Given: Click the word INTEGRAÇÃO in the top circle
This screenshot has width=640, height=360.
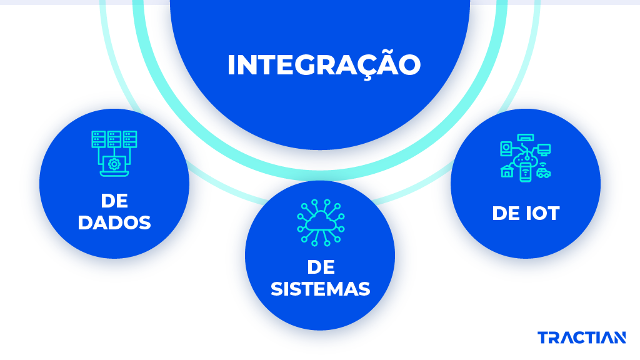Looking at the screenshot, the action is (x=324, y=65).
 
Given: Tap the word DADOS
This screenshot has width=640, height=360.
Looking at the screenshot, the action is (x=114, y=223).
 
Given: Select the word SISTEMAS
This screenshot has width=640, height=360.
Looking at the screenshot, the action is (x=321, y=289).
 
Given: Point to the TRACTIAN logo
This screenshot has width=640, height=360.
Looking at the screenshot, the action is (x=581, y=338).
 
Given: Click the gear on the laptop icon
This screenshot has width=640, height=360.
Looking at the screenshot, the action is (x=114, y=164).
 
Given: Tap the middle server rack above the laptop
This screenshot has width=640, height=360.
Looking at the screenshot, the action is (x=114, y=139).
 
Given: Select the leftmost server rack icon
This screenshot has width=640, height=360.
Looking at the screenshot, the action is (x=98, y=139).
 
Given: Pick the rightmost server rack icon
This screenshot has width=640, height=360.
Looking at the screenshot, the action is (x=130, y=139).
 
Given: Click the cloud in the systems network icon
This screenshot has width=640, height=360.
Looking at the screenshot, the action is (x=320, y=220).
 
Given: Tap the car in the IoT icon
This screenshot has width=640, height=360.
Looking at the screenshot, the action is (x=544, y=173).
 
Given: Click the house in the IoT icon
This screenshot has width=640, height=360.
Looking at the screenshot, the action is (x=507, y=171).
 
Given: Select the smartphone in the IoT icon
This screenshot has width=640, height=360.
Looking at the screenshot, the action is (x=525, y=171).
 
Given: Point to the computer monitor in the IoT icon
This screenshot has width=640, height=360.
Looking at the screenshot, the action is (x=544, y=149).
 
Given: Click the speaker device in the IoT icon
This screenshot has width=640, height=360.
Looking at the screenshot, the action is (x=506, y=149).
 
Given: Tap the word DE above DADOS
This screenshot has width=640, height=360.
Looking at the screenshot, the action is (x=114, y=201).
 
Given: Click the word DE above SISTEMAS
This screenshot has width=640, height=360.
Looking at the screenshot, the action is (x=321, y=267).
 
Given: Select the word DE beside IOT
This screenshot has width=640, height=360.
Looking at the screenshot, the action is (x=505, y=214).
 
